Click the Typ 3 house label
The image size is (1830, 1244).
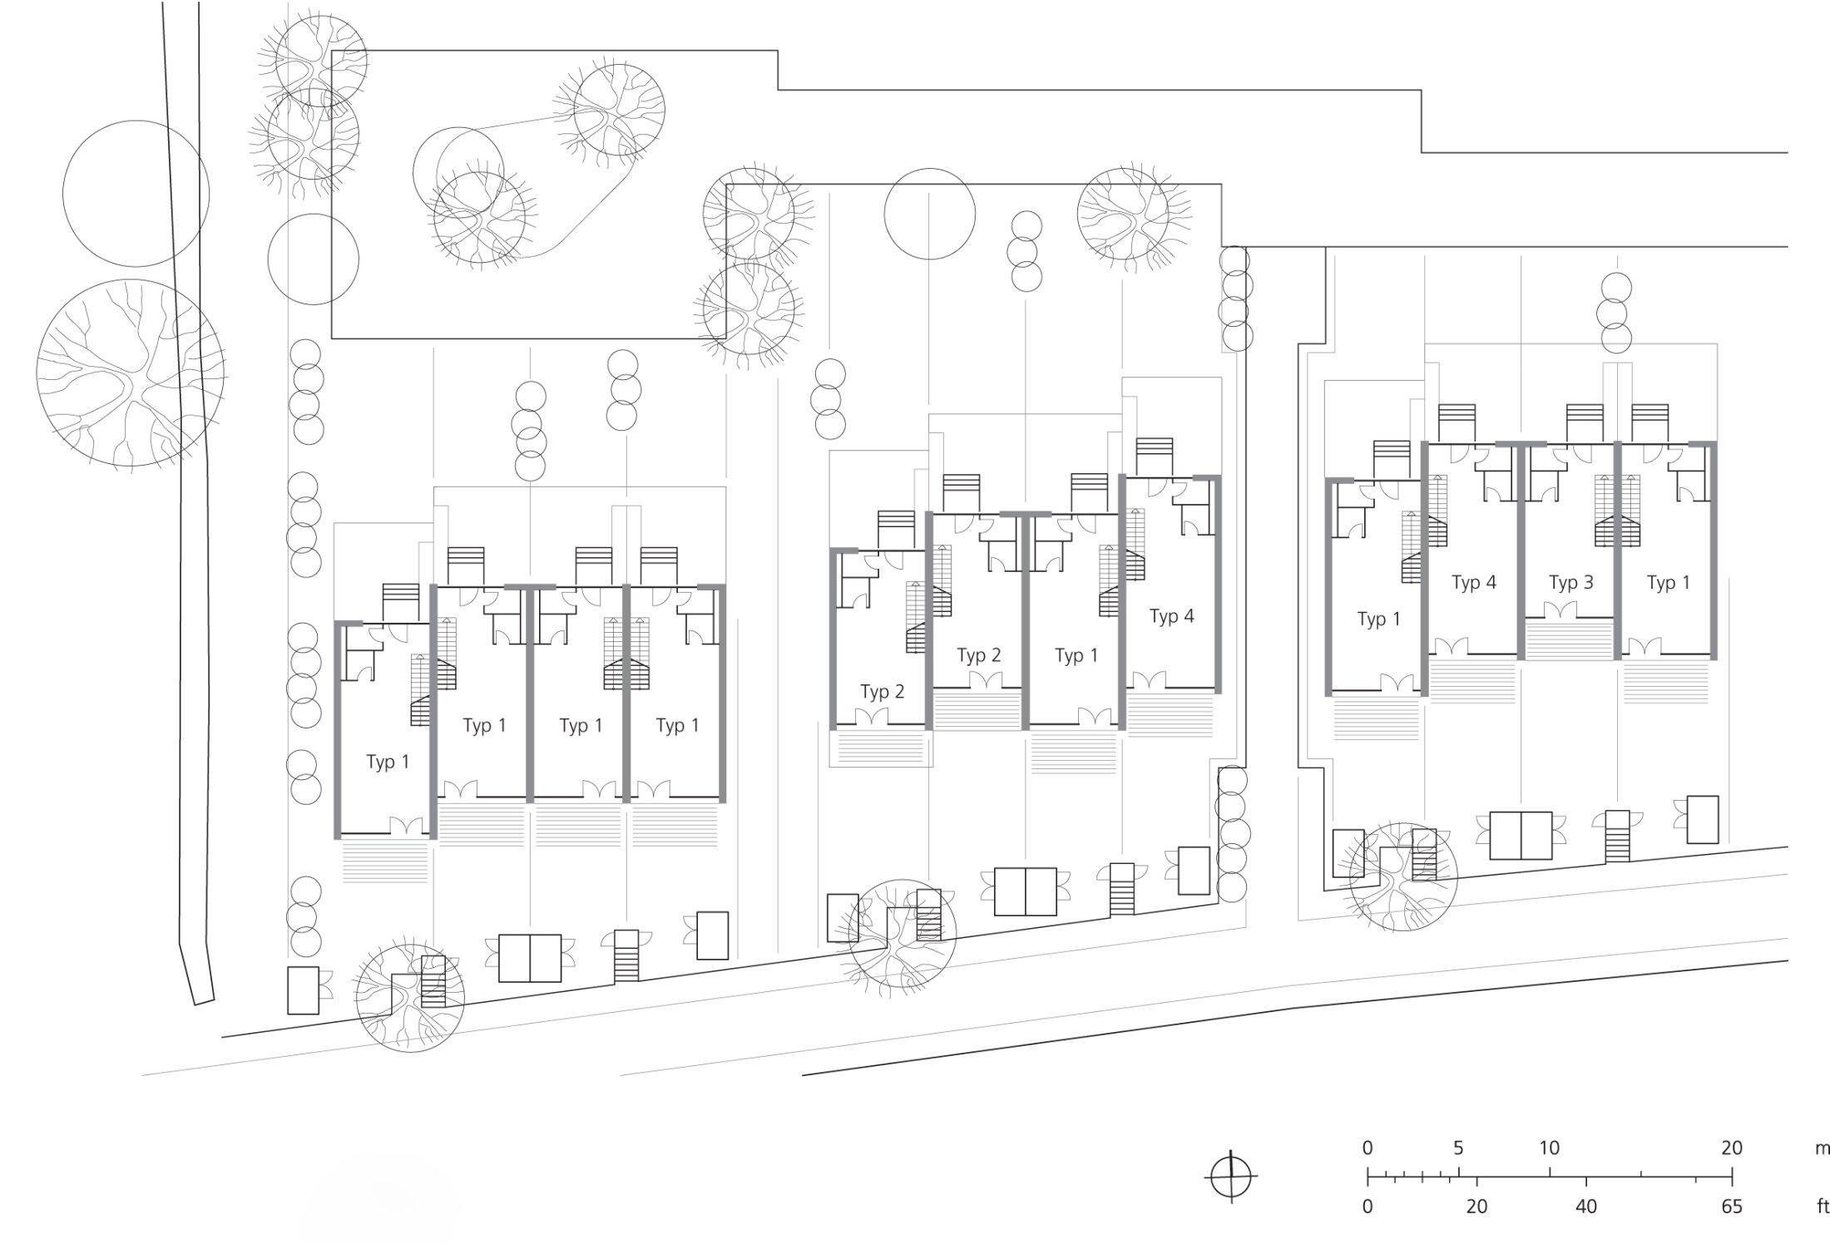[x=1570, y=583]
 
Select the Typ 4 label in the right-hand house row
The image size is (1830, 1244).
[x=1473, y=583]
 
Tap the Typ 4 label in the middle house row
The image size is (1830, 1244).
[x=1171, y=616]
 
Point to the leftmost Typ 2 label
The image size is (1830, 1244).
[x=882, y=692]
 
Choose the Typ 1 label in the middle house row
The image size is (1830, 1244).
[x=1076, y=656]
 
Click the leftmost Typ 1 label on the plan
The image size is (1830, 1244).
[x=388, y=763]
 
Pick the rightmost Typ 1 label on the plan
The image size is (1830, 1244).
[x=1668, y=583]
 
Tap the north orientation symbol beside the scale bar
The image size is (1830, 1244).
[x=1231, y=1177]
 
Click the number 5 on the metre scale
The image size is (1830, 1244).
[x=1458, y=1148]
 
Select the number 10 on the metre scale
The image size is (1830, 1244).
[x=1549, y=1148]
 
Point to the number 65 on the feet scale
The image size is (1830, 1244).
[x=1732, y=1207]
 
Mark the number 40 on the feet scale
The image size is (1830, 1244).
[x=1586, y=1207]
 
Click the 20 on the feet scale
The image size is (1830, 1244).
[x=1476, y=1207]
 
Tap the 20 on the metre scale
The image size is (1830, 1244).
[x=1732, y=1148]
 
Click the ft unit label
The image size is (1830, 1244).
[x=1822, y=1207]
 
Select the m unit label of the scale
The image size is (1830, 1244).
[x=1822, y=1149]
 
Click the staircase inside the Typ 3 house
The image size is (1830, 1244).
[x=1616, y=511]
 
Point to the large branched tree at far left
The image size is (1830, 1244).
[x=131, y=373]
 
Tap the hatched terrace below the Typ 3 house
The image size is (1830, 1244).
[x=1568, y=639]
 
